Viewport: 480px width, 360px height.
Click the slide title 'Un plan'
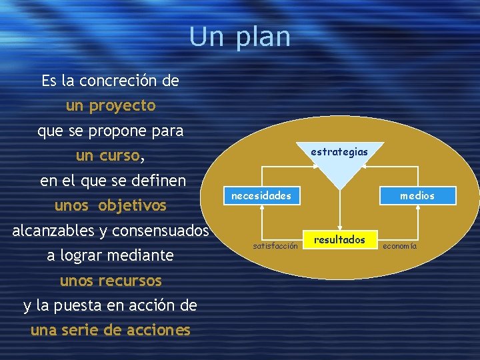coord(239,37)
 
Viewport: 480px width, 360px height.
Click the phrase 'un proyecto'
coord(111,105)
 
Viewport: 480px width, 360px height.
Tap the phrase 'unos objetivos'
coord(111,205)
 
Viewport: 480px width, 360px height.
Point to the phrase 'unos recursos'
coord(111,281)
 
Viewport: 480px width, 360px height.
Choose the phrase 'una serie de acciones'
coord(111,330)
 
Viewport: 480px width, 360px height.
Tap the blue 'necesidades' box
coord(261,195)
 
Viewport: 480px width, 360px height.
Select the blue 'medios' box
coord(417,195)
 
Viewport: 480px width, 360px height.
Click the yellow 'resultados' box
coord(339,240)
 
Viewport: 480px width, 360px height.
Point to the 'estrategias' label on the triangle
coord(339,152)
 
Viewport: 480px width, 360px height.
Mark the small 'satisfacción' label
coord(275,246)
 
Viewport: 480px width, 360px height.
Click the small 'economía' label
coord(400,246)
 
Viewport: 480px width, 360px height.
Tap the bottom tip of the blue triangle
coord(339,187)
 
